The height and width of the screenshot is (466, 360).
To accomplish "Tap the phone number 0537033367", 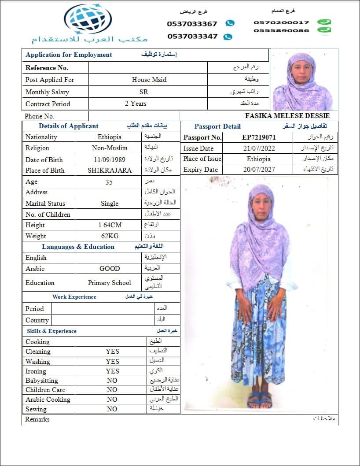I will point(192,24).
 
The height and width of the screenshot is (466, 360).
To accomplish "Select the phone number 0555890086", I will point(281,30).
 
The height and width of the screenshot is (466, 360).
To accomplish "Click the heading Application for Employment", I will point(69,55).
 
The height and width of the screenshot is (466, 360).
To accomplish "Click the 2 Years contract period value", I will point(136,104).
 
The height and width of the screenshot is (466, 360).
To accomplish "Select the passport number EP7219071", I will point(259,137).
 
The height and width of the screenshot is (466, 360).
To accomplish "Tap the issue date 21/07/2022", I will point(259,148).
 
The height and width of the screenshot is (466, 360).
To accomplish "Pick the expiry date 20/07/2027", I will point(259,170).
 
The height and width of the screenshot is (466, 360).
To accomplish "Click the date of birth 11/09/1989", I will point(109,159).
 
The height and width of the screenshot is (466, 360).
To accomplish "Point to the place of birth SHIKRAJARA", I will point(110,170).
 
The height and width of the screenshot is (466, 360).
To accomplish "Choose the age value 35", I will point(109,181).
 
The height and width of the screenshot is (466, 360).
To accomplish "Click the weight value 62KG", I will point(110,236).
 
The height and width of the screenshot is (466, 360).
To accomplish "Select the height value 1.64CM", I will point(110,225).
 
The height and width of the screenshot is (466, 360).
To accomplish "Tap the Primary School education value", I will point(110,283).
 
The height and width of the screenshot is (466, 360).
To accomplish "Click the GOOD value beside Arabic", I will point(110,268).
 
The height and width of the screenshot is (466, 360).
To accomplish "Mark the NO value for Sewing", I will point(112,409).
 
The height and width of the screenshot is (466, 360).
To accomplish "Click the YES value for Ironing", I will point(112,371).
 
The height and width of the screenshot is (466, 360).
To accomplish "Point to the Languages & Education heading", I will point(78,247).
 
